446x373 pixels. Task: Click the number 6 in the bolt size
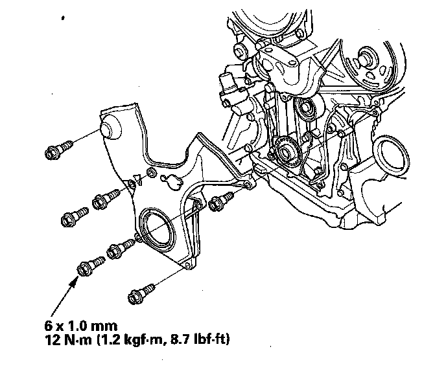tap(49, 326)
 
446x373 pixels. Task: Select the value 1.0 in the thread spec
tap(76, 326)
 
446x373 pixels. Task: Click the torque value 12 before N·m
tap(51, 340)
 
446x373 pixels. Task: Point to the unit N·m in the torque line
tap(76, 340)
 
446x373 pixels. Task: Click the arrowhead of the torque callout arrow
tap(74, 282)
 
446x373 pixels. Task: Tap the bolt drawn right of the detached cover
tap(220, 201)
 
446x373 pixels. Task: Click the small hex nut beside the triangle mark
tap(151, 172)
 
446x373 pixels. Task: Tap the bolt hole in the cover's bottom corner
tap(187, 265)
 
